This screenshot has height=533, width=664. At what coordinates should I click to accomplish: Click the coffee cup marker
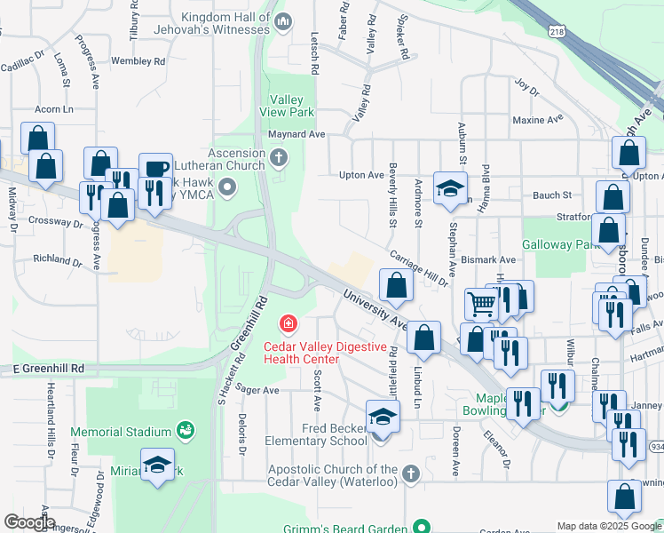tap(155, 168)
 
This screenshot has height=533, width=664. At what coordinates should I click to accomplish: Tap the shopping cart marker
tap(481, 303)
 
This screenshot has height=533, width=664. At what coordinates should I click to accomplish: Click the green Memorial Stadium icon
tap(186, 432)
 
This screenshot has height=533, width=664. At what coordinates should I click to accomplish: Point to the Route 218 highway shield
tap(556, 31)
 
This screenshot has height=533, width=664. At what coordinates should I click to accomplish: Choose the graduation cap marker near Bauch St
tap(450, 187)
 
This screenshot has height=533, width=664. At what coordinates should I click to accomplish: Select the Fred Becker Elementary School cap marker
tap(383, 416)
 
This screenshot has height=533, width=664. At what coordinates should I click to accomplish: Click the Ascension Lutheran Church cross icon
tap(279, 159)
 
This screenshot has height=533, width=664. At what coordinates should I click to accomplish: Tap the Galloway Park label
tap(556, 244)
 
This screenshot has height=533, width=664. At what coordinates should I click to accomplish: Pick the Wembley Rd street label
tap(138, 61)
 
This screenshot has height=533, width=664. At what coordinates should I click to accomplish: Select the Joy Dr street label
tap(526, 87)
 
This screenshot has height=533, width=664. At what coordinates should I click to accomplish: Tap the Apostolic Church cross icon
tap(410, 474)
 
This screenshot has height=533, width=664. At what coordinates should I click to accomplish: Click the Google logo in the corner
tap(28, 522)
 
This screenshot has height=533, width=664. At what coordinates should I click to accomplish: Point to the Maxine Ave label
tap(538, 119)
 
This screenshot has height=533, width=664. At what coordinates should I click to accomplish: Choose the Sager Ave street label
tap(258, 390)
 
